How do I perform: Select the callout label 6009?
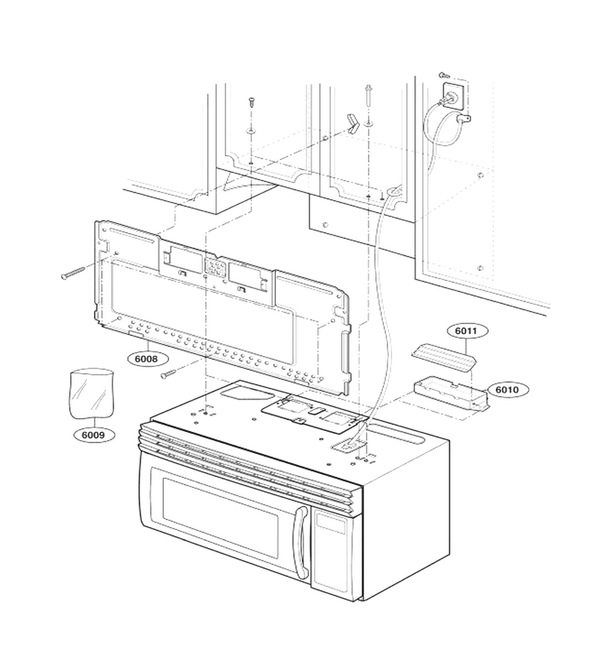[x=94, y=435]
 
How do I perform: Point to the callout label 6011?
[x=467, y=331]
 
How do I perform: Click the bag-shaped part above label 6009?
[x=91, y=393]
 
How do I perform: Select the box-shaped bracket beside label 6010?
[x=451, y=393]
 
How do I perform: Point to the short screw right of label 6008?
[x=170, y=374]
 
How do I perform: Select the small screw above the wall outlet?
[x=443, y=75]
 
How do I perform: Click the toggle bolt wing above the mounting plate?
[x=353, y=124]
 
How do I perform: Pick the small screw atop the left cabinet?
[x=251, y=103]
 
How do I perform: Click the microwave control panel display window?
[x=330, y=522]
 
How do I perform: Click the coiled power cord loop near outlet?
[x=442, y=125]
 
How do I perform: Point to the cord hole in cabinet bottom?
[x=394, y=191]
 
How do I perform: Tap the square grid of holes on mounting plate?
[x=216, y=267]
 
